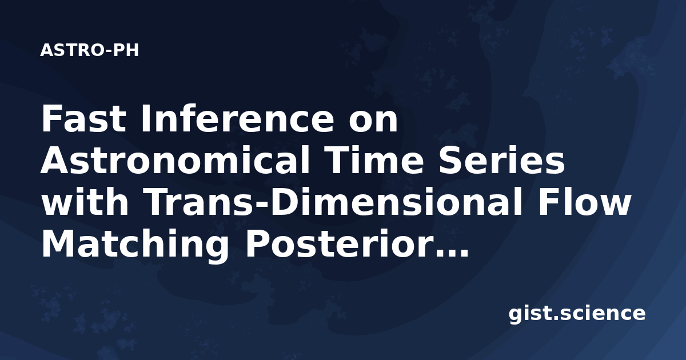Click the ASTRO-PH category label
[89, 50]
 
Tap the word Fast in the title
[83, 119]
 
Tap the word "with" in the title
[85, 202]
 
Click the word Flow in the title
[584, 202]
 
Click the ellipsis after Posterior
[452, 253]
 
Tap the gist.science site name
[577, 314]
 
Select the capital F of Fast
[50, 119]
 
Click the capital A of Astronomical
[55, 161]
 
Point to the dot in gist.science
[556, 318]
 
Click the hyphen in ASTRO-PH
[108, 51]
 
